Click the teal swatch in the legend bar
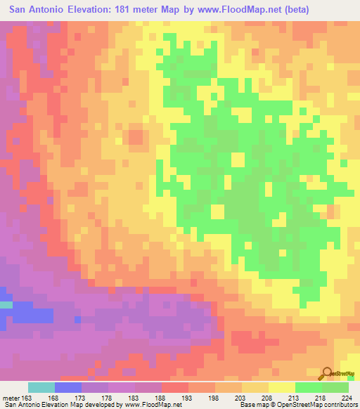point(41,387)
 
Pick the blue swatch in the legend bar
point(67,387)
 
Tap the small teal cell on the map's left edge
point(6,304)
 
